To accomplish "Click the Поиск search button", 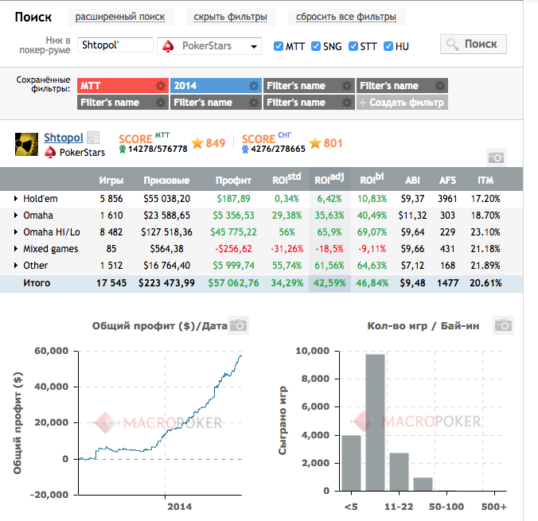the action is click(x=474, y=44).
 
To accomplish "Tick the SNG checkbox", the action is click(x=316, y=46).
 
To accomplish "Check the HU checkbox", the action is click(x=388, y=46).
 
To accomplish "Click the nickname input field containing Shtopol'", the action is click(x=115, y=45).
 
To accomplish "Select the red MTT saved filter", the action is click(x=123, y=85).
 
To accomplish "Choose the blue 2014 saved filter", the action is click(x=216, y=85).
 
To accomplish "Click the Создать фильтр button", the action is click(x=402, y=102).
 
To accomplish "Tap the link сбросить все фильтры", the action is click(x=346, y=17).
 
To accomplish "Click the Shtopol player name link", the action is click(x=64, y=138).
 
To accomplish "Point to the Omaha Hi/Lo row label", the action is click(x=52, y=232).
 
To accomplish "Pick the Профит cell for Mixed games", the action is click(x=233, y=249).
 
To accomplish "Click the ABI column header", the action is click(x=412, y=180).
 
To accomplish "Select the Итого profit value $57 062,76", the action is click(x=233, y=283).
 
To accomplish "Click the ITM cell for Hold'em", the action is click(x=485, y=199).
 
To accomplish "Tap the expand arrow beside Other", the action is click(x=15, y=265).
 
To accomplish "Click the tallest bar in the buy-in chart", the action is click(x=375, y=422).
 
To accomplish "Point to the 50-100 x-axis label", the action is click(x=446, y=507).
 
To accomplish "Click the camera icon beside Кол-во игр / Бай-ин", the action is click(x=503, y=325).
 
